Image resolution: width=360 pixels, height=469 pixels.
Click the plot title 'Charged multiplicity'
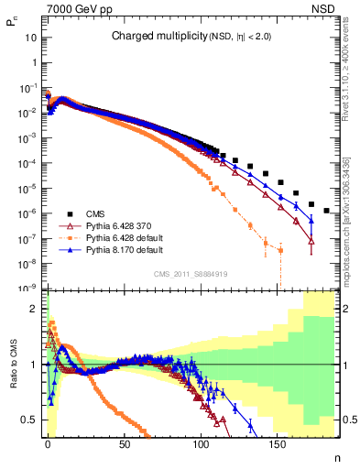[x=151, y=37]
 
